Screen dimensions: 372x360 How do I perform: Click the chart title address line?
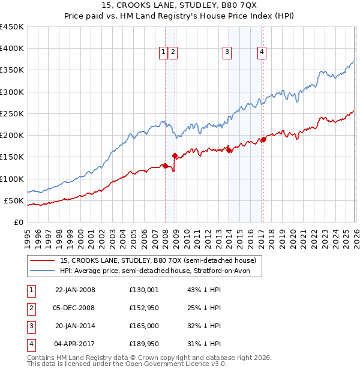[x=180, y=6]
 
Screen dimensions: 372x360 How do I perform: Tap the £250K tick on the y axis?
[x=12, y=113]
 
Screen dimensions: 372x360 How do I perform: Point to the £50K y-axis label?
[x=14, y=200]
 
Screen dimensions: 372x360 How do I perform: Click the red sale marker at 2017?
[x=263, y=140]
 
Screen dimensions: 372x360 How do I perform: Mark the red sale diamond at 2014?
[x=229, y=150]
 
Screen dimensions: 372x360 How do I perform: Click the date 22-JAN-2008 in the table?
[x=75, y=290]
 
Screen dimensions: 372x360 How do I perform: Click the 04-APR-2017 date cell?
[x=75, y=344]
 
